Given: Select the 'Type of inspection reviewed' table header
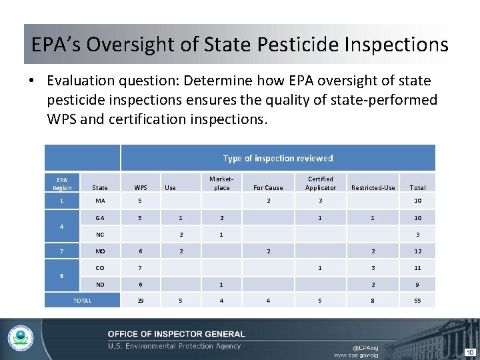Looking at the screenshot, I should click(x=277, y=158).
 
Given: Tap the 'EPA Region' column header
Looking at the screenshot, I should click(x=61, y=183).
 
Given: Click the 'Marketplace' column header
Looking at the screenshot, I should click(x=221, y=183).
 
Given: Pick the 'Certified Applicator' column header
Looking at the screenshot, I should click(x=320, y=183).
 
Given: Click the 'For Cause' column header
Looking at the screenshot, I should click(x=268, y=188).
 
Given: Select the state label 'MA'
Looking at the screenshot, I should click(x=100, y=201).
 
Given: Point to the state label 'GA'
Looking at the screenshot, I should click(x=100, y=218).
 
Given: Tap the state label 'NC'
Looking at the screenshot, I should click(x=100, y=235).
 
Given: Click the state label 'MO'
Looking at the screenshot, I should click(x=100, y=251).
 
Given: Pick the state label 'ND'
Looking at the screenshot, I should click(x=100, y=285).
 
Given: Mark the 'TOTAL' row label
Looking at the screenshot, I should click(x=82, y=301).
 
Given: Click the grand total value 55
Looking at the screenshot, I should click(x=417, y=301).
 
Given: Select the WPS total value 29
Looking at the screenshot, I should click(x=140, y=301).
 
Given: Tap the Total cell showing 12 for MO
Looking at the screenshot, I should click(x=417, y=251).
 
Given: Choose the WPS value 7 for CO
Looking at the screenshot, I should click(x=140, y=268).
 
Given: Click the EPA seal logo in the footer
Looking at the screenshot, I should click(x=21, y=339).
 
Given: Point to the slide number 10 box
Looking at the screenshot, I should click(x=469, y=351).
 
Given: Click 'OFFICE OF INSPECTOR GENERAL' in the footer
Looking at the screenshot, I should click(x=176, y=334).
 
